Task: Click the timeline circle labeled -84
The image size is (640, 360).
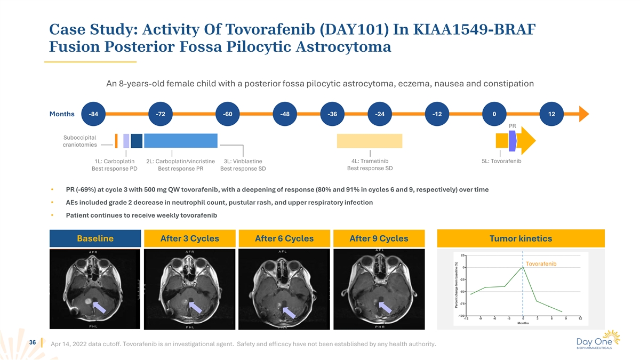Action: (x=93, y=114)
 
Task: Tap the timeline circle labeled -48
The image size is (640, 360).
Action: (x=285, y=114)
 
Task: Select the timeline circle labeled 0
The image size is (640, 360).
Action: (x=494, y=114)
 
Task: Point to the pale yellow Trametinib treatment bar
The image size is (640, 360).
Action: (x=369, y=140)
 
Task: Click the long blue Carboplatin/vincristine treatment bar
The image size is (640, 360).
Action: (x=181, y=140)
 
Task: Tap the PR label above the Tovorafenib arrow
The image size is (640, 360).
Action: (x=513, y=126)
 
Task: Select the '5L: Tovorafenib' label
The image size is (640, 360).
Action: (x=501, y=161)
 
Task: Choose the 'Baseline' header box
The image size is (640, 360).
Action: (x=95, y=238)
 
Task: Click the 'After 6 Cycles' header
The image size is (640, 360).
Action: (x=284, y=238)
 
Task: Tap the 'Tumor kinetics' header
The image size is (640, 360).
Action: (x=521, y=238)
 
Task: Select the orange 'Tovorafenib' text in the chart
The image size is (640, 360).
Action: (x=541, y=264)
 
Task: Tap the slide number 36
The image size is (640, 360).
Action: (x=33, y=343)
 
